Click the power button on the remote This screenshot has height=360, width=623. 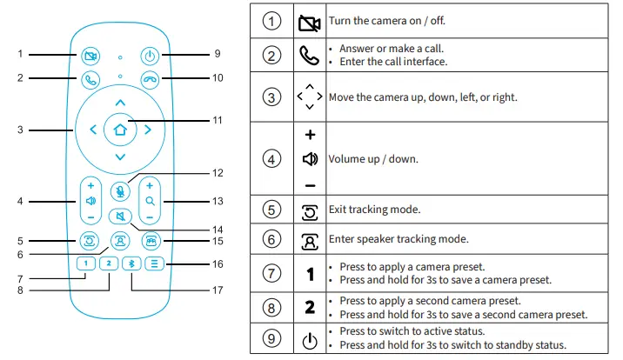[x=151, y=56]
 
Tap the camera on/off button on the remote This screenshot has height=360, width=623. [x=90, y=56]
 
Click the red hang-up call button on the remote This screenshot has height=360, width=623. [x=151, y=79]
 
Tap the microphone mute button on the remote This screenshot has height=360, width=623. [x=120, y=191]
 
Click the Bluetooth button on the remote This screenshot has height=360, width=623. [x=131, y=263]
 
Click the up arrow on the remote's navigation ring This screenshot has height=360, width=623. [x=120, y=103]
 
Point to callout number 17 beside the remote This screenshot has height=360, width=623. [x=218, y=290]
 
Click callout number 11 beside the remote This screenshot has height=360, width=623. [x=218, y=119]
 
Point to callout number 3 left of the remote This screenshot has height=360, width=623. [x=19, y=130]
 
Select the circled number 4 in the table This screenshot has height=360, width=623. [x=272, y=160]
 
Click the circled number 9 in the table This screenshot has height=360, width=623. [x=272, y=339]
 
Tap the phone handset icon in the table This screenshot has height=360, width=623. [x=309, y=56]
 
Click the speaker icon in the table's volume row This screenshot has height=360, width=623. [x=309, y=160]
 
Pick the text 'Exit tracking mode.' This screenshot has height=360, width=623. [x=375, y=210]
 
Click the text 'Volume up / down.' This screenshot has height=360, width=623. [x=372, y=160]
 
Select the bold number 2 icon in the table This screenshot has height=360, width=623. [x=309, y=307]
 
